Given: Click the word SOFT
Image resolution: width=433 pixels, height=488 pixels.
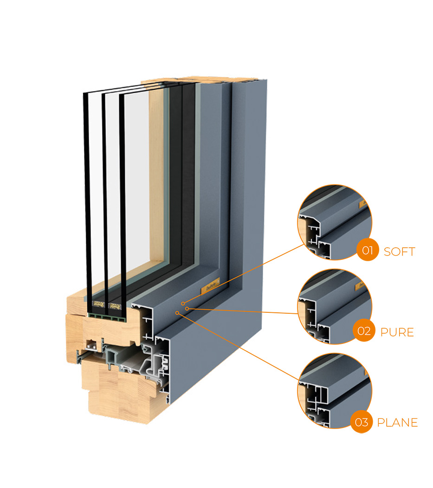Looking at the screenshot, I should click(399, 252).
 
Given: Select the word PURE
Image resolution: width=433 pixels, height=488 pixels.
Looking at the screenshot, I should click(397, 333).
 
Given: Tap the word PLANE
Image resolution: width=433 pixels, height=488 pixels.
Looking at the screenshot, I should click(397, 422).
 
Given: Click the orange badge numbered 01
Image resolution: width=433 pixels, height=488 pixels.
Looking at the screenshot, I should click(367, 251).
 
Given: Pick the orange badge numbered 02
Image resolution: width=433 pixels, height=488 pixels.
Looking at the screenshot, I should click(363, 331).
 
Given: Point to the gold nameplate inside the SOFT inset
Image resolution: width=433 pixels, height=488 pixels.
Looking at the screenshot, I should click(363, 203).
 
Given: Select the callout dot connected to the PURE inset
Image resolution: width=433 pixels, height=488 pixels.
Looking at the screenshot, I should click(187, 308).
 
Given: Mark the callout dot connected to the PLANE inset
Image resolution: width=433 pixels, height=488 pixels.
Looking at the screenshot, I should click(177, 313).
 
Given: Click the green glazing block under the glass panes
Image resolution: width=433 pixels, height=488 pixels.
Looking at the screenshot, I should click(107, 316).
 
